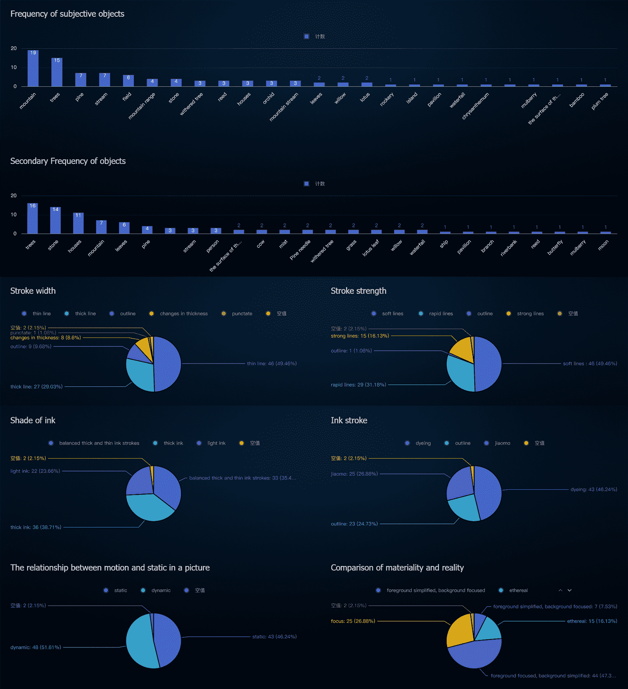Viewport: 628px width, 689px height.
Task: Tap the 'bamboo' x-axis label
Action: pyautogui.click(x=577, y=100)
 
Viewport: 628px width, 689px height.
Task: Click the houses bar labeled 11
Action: pyautogui.click(x=78, y=223)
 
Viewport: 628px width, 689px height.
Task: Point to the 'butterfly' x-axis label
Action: pyautogui.click(x=555, y=248)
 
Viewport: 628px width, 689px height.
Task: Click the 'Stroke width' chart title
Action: pyautogui.click(x=33, y=291)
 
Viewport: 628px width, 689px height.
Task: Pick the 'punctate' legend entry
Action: pyautogui.click(x=242, y=314)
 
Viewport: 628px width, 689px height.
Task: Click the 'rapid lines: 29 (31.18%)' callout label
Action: pyautogui.click(x=358, y=385)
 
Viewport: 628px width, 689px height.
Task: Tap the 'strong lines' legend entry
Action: pyautogui.click(x=530, y=314)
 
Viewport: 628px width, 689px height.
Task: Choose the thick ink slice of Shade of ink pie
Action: pyautogui.click(x=150, y=508)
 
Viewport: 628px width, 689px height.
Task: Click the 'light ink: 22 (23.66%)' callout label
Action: pyautogui.click(x=35, y=471)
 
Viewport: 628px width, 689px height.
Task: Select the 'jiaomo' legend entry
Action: pyautogui.click(x=502, y=443)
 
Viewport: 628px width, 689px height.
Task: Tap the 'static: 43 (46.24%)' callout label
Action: pyautogui.click(x=274, y=637)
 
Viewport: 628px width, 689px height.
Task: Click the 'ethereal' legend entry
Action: pyautogui.click(x=518, y=591)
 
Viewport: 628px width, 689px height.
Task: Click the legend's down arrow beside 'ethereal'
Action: pyautogui.click(x=570, y=591)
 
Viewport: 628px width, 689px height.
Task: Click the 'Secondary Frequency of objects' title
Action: pyautogui.click(x=68, y=161)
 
